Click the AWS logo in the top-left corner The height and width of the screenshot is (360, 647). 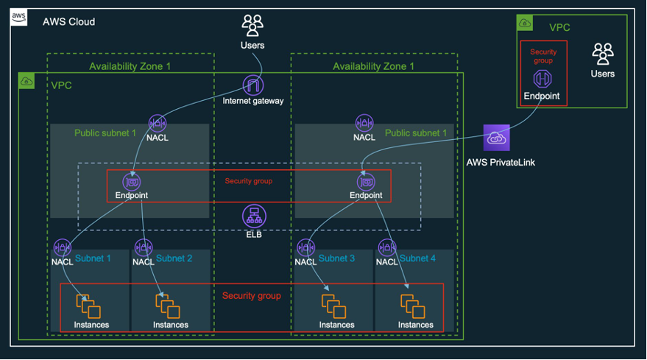point(18,18)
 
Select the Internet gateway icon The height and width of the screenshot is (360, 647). point(252,85)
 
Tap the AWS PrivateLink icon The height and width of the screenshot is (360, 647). point(496,138)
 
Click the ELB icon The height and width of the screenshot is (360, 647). point(254,216)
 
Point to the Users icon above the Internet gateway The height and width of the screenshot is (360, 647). point(252,26)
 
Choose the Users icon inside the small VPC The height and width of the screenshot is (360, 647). point(602,54)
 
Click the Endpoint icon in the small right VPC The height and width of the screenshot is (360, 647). point(542,79)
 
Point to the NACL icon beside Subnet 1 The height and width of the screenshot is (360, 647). point(62,247)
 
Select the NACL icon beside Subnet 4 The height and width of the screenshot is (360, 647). point(387,247)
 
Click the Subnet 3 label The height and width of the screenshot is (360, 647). point(336,258)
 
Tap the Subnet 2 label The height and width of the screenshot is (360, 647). point(174,258)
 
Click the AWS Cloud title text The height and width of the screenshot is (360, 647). point(68,21)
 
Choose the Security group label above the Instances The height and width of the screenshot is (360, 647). point(252,295)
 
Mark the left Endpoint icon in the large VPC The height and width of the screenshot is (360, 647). point(132,182)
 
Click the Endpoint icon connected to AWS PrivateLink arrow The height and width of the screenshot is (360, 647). point(366,182)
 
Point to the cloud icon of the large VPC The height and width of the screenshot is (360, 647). point(26,81)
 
